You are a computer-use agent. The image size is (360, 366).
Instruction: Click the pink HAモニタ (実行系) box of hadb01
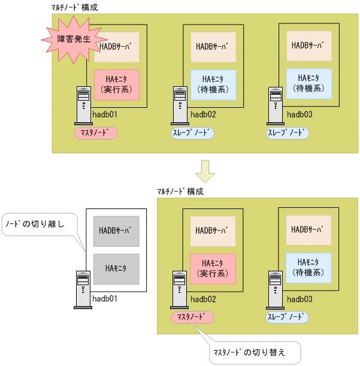(116, 84)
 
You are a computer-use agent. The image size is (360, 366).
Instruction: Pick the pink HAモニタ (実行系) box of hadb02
(213, 268)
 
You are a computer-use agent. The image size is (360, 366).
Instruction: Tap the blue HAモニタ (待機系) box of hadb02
(213, 84)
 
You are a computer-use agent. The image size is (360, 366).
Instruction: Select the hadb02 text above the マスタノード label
(202, 298)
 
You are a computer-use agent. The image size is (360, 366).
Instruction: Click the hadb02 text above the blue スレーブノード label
(202, 114)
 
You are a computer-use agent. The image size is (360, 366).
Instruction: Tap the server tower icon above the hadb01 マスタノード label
(83, 103)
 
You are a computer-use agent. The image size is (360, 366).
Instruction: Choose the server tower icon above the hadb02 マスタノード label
(179, 287)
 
